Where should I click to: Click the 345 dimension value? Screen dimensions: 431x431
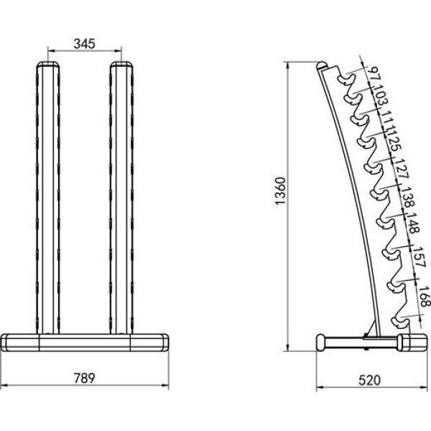click(x=84, y=44)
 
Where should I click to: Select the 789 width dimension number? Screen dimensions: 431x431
click(x=84, y=379)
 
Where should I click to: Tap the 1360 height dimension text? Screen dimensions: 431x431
click(x=281, y=191)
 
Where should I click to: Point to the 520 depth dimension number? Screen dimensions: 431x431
click(x=370, y=381)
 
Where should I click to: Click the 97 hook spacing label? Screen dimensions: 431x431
click(x=374, y=74)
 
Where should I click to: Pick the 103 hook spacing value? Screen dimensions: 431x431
click(x=381, y=96)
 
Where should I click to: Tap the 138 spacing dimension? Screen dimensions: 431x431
click(x=408, y=197)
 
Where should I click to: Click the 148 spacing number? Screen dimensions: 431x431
click(x=413, y=223)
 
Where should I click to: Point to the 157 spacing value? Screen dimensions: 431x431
click(x=420, y=256)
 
